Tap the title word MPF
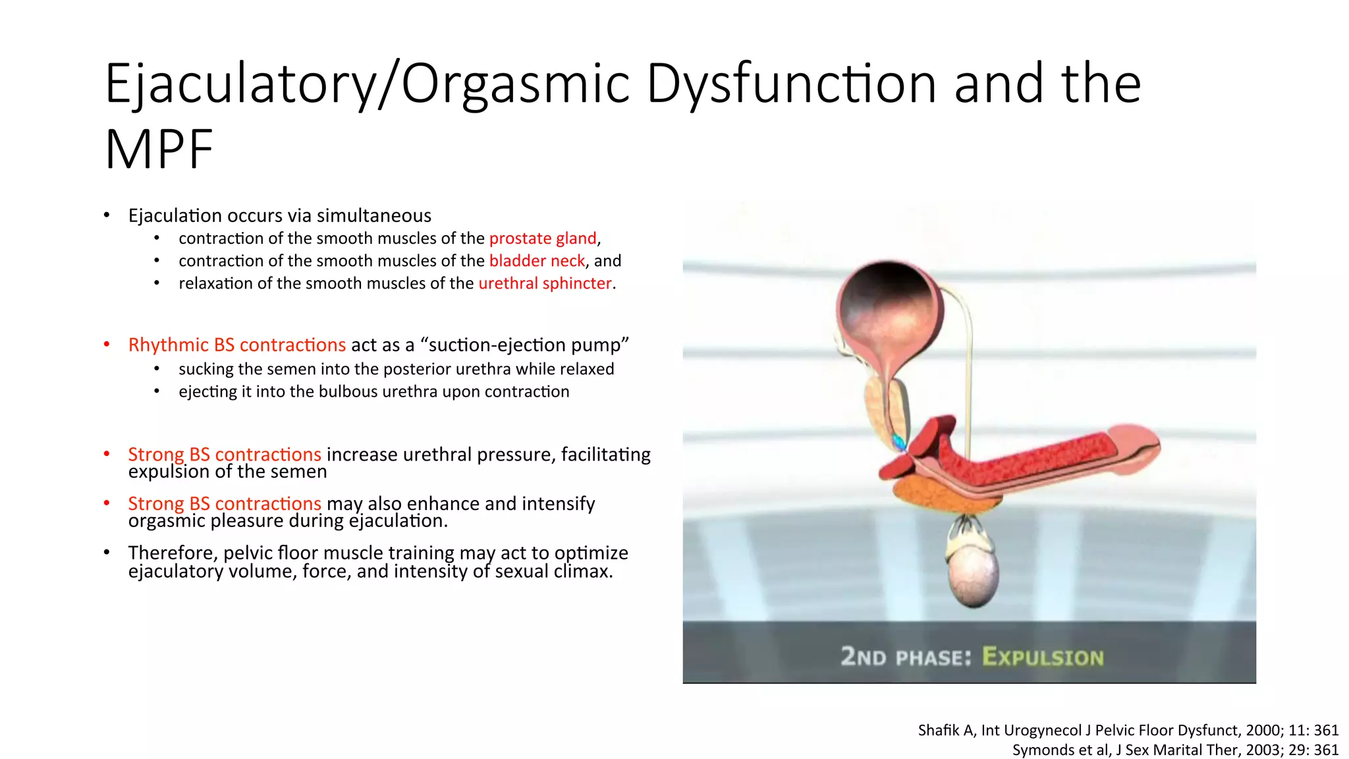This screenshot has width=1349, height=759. click(159, 150)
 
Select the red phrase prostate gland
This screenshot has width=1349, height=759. click(543, 239)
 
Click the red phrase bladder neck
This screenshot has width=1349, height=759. click(537, 261)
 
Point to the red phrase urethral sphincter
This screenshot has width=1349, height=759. click(545, 283)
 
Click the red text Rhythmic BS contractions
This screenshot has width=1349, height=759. click(236, 345)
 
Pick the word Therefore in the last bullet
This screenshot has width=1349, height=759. click(173, 553)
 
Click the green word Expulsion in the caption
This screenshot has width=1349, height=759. click(1042, 657)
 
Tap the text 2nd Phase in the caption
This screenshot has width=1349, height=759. click(906, 657)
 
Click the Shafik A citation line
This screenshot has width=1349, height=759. click(1128, 730)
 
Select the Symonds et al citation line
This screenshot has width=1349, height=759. click(1174, 750)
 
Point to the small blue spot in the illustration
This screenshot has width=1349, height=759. click(898, 441)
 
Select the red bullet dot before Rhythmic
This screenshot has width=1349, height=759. click(107, 345)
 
